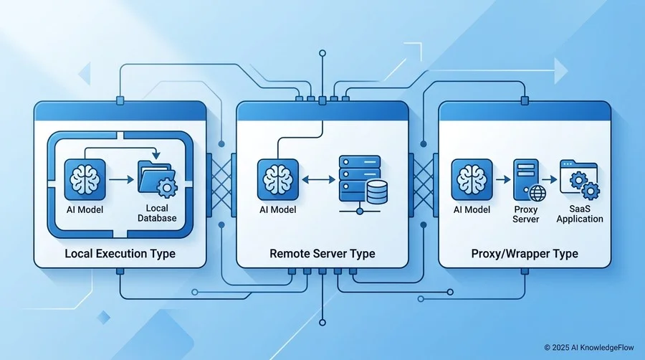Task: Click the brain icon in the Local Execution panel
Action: point(85,180)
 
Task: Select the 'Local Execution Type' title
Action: point(120,253)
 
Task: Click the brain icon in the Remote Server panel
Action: point(277,180)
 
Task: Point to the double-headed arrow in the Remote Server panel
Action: point(318,179)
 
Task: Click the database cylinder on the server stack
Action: point(377,192)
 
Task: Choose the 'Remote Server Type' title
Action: point(322,253)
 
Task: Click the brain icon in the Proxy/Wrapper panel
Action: point(472,180)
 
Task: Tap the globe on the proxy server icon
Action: point(537,193)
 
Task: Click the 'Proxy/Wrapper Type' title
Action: point(525,253)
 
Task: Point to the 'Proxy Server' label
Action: point(526,214)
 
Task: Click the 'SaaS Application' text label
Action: point(580,214)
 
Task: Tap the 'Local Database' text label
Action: point(157,213)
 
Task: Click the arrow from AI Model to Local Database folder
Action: point(121,179)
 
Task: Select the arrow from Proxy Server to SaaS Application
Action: point(550,179)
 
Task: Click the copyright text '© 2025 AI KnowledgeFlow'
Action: point(589,348)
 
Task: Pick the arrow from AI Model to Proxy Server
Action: point(503,179)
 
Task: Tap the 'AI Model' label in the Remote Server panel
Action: point(277,210)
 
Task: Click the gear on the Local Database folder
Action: point(166,188)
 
